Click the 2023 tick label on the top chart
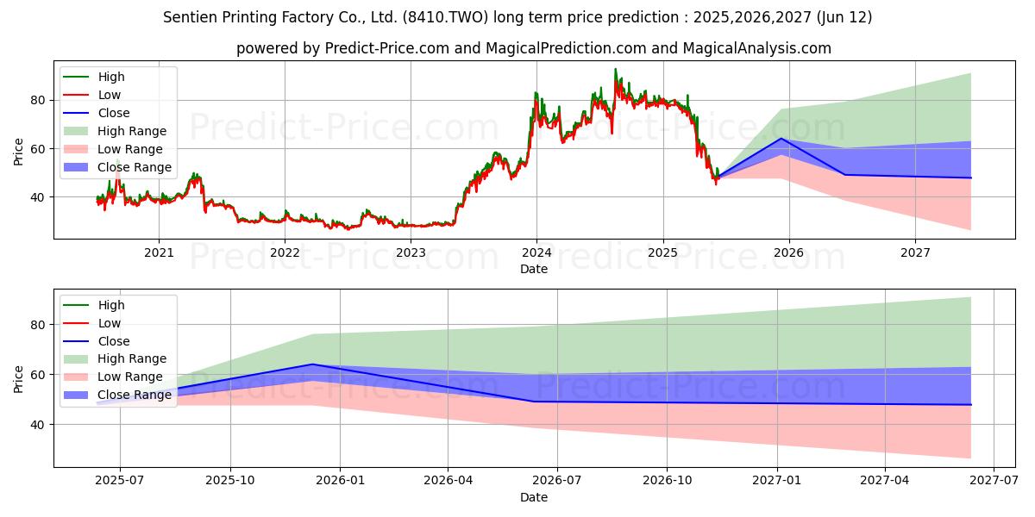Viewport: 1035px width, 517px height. (411, 253)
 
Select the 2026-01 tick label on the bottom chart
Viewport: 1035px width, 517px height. (340, 481)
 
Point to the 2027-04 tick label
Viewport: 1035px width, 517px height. (885, 481)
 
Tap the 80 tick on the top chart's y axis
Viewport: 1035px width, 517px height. (38, 100)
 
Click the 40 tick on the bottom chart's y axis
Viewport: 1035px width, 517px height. (38, 425)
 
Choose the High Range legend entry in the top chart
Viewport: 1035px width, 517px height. (115, 131)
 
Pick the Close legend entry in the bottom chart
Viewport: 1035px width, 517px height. (96, 341)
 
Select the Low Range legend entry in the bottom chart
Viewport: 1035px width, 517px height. (113, 377)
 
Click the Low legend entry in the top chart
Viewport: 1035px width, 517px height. (92, 95)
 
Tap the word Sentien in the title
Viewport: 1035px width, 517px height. (191, 17)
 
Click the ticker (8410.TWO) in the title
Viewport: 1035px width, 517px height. (445, 17)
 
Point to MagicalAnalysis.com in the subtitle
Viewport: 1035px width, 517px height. (757, 48)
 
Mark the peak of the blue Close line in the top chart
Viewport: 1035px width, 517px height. (781, 139)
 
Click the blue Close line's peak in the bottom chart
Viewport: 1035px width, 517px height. (313, 364)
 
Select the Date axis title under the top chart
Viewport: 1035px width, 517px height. (534, 269)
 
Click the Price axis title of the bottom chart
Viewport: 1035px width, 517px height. (18, 379)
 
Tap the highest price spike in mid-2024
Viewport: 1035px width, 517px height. (615, 69)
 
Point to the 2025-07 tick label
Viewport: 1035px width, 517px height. (120, 481)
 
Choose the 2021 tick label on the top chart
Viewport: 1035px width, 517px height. (159, 253)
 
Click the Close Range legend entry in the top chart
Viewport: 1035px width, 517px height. (117, 167)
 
